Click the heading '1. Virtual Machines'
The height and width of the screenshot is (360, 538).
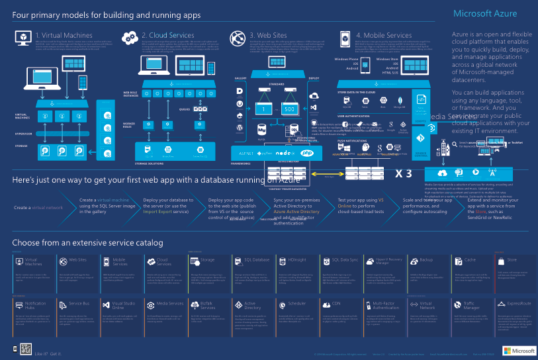[65, 36]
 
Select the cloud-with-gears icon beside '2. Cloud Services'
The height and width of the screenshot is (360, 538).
[130, 36]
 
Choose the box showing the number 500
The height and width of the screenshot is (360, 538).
[289, 109]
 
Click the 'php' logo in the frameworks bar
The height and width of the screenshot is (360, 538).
[306, 152]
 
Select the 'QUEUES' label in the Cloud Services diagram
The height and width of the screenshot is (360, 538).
[184, 109]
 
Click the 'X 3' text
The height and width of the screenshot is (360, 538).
[404, 174]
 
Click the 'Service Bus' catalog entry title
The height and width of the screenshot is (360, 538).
[79, 304]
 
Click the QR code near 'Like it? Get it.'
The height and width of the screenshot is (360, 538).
[26, 349]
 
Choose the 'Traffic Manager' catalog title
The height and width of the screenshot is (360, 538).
[471, 306]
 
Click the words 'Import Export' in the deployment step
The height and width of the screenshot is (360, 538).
[159, 212]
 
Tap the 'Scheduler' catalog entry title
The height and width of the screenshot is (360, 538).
[297, 304]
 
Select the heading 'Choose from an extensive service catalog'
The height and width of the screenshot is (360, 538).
[87, 243]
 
